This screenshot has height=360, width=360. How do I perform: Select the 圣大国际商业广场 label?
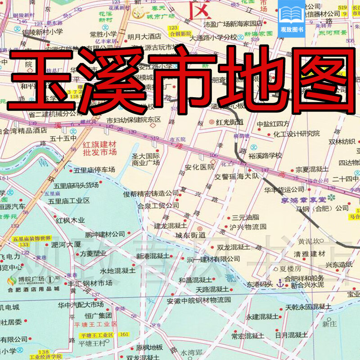(x=146, y=159)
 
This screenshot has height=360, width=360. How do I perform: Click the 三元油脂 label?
(x=246, y=217)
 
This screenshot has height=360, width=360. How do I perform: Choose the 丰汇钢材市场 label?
(x=90, y=283)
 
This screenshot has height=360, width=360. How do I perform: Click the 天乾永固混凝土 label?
(x=309, y=307)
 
